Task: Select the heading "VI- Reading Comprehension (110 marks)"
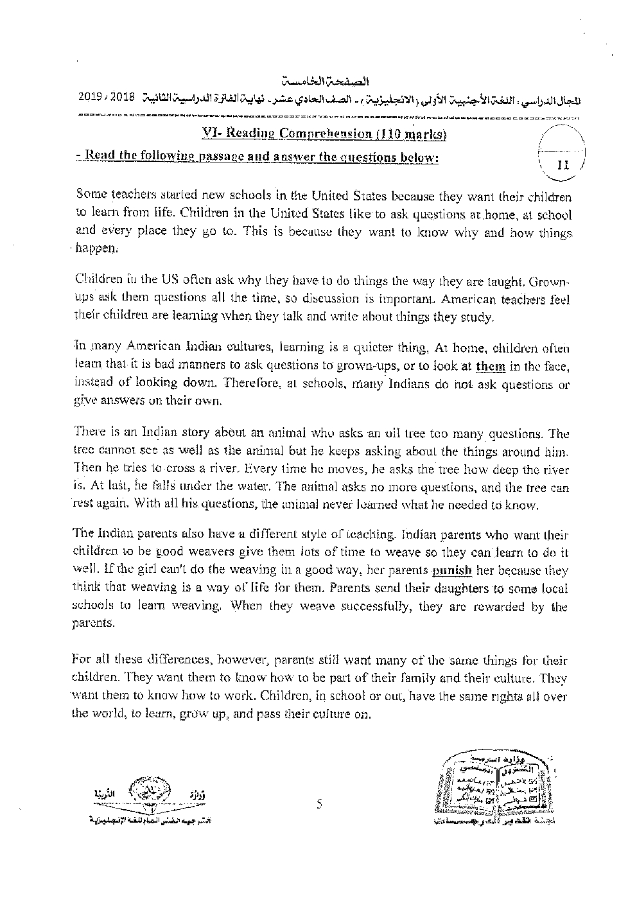[x=321, y=134]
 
